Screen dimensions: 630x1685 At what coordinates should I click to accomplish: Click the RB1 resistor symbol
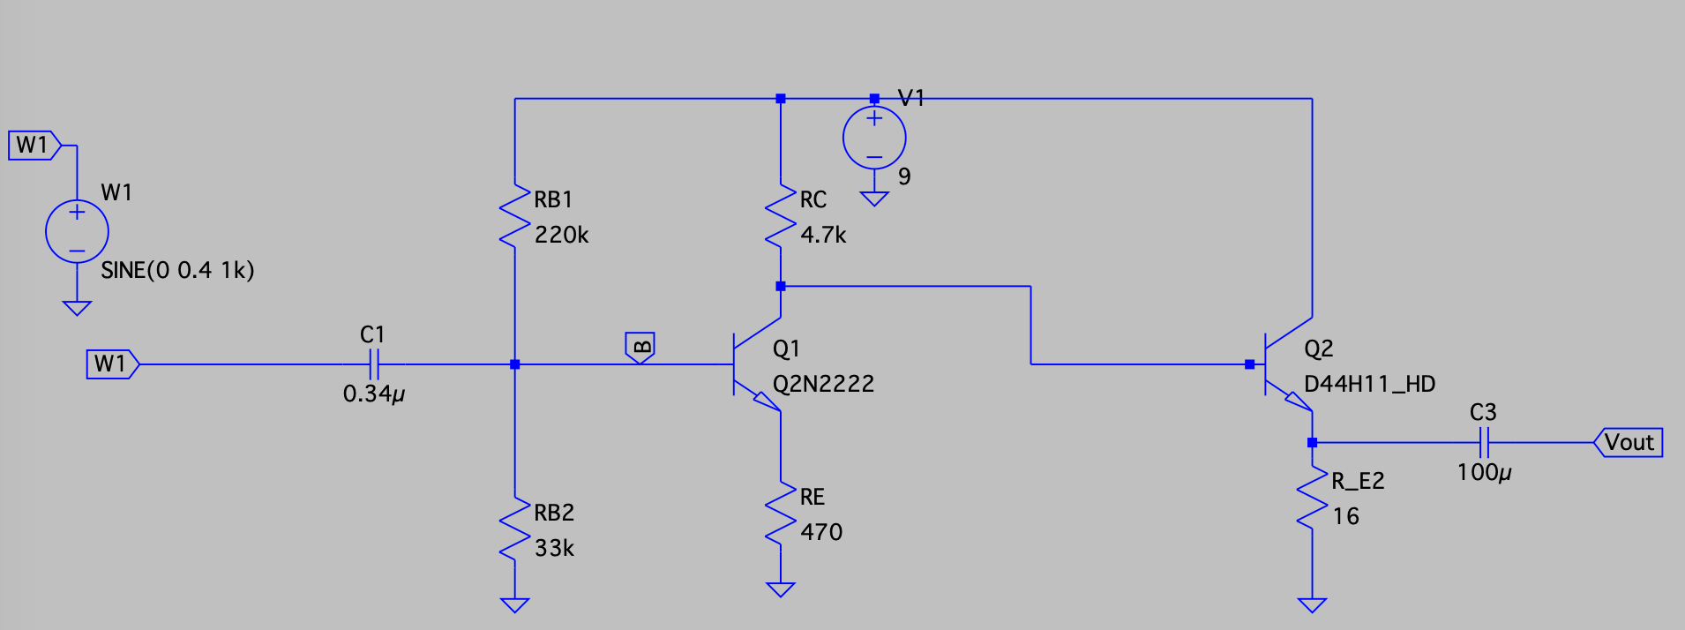pos(515,216)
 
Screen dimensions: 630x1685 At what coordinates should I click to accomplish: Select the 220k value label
pos(561,236)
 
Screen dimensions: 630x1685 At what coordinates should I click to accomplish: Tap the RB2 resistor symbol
pos(515,529)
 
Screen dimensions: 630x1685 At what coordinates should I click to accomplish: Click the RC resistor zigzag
pos(781,216)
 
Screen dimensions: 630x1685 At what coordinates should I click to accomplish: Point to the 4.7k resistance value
pos(822,236)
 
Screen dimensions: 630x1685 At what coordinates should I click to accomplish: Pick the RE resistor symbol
pos(781,514)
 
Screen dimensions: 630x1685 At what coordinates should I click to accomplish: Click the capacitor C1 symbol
pos(373,364)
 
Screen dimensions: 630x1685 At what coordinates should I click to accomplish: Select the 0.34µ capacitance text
pos(373,394)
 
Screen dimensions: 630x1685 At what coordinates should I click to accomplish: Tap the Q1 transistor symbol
pos(755,364)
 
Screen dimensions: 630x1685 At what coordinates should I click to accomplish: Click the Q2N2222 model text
pos(823,384)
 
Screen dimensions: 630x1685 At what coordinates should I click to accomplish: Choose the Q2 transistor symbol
pos(1286,364)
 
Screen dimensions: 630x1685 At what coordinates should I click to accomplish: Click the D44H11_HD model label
pos(1369,384)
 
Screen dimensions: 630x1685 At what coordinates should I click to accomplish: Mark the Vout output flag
pos(1629,442)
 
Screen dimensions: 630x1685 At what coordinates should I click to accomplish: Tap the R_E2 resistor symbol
pos(1313,499)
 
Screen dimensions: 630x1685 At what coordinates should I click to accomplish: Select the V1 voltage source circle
pos(874,139)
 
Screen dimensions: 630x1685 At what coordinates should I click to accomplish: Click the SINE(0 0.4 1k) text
pos(177,270)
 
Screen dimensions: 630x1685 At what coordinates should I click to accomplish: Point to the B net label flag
pos(640,347)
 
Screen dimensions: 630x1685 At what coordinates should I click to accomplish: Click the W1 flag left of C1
pos(112,364)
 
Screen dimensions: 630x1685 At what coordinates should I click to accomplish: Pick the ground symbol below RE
pos(781,589)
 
